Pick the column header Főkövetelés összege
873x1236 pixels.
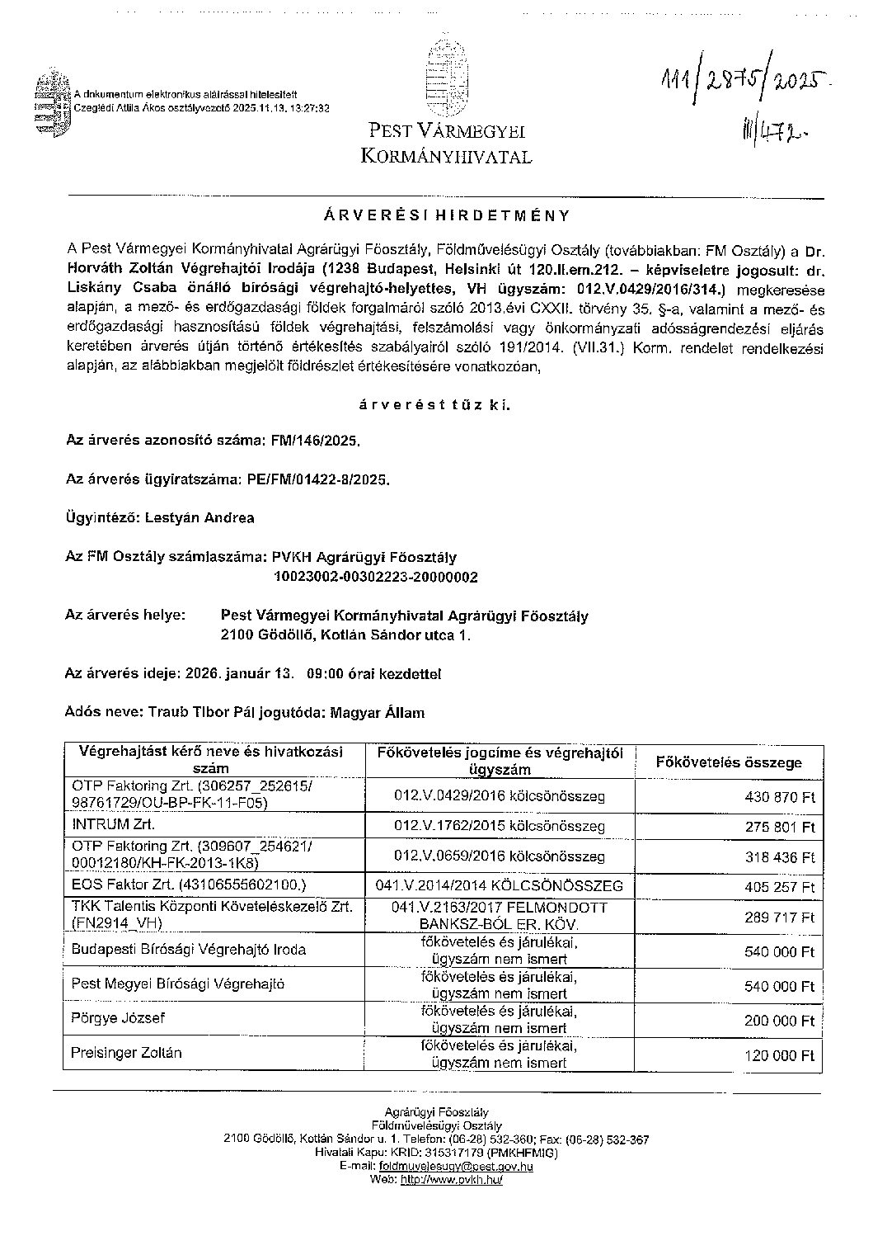pyautogui.click(x=728, y=763)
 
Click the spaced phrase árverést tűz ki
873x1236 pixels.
pyautogui.click(x=434, y=404)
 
